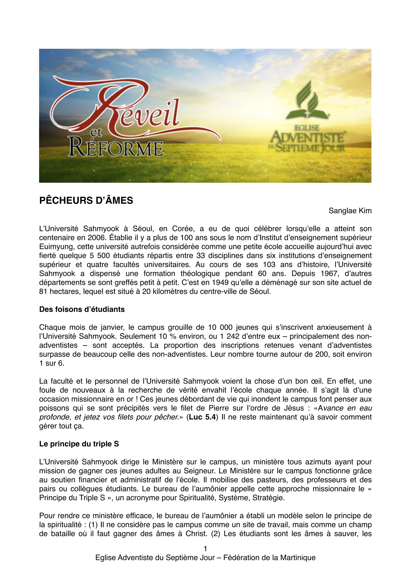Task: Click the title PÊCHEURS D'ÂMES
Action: [x=86, y=200]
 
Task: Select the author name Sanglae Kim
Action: [x=350, y=211]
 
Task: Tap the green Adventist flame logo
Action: [x=307, y=101]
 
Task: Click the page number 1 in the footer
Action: [x=205, y=549]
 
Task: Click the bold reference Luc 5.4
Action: [x=202, y=417]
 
